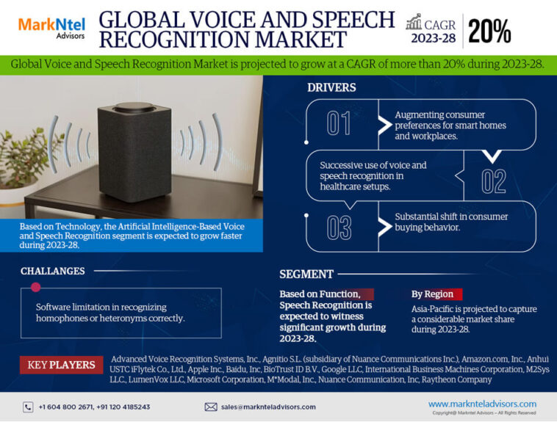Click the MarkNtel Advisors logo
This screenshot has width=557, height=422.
click(x=51, y=29)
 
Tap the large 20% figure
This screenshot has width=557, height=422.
click(x=489, y=30)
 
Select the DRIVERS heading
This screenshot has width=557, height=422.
click(x=331, y=87)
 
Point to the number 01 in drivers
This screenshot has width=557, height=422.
click(x=339, y=123)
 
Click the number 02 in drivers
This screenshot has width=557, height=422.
click(x=494, y=180)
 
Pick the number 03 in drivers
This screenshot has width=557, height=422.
click(x=339, y=228)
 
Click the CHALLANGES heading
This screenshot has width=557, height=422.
click(x=52, y=271)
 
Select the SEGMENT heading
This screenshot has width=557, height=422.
click(x=306, y=274)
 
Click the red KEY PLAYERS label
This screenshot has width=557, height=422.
click(x=62, y=365)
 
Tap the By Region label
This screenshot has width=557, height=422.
click(x=433, y=294)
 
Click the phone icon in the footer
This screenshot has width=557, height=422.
click(x=28, y=407)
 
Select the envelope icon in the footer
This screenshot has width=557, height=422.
click(x=211, y=407)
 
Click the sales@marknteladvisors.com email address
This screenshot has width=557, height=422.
click(x=268, y=407)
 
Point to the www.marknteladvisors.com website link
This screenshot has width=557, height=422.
click(x=482, y=404)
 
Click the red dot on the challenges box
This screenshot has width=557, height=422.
click(x=35, y=287)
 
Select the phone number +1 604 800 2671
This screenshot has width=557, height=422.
click(x=65, y=407)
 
